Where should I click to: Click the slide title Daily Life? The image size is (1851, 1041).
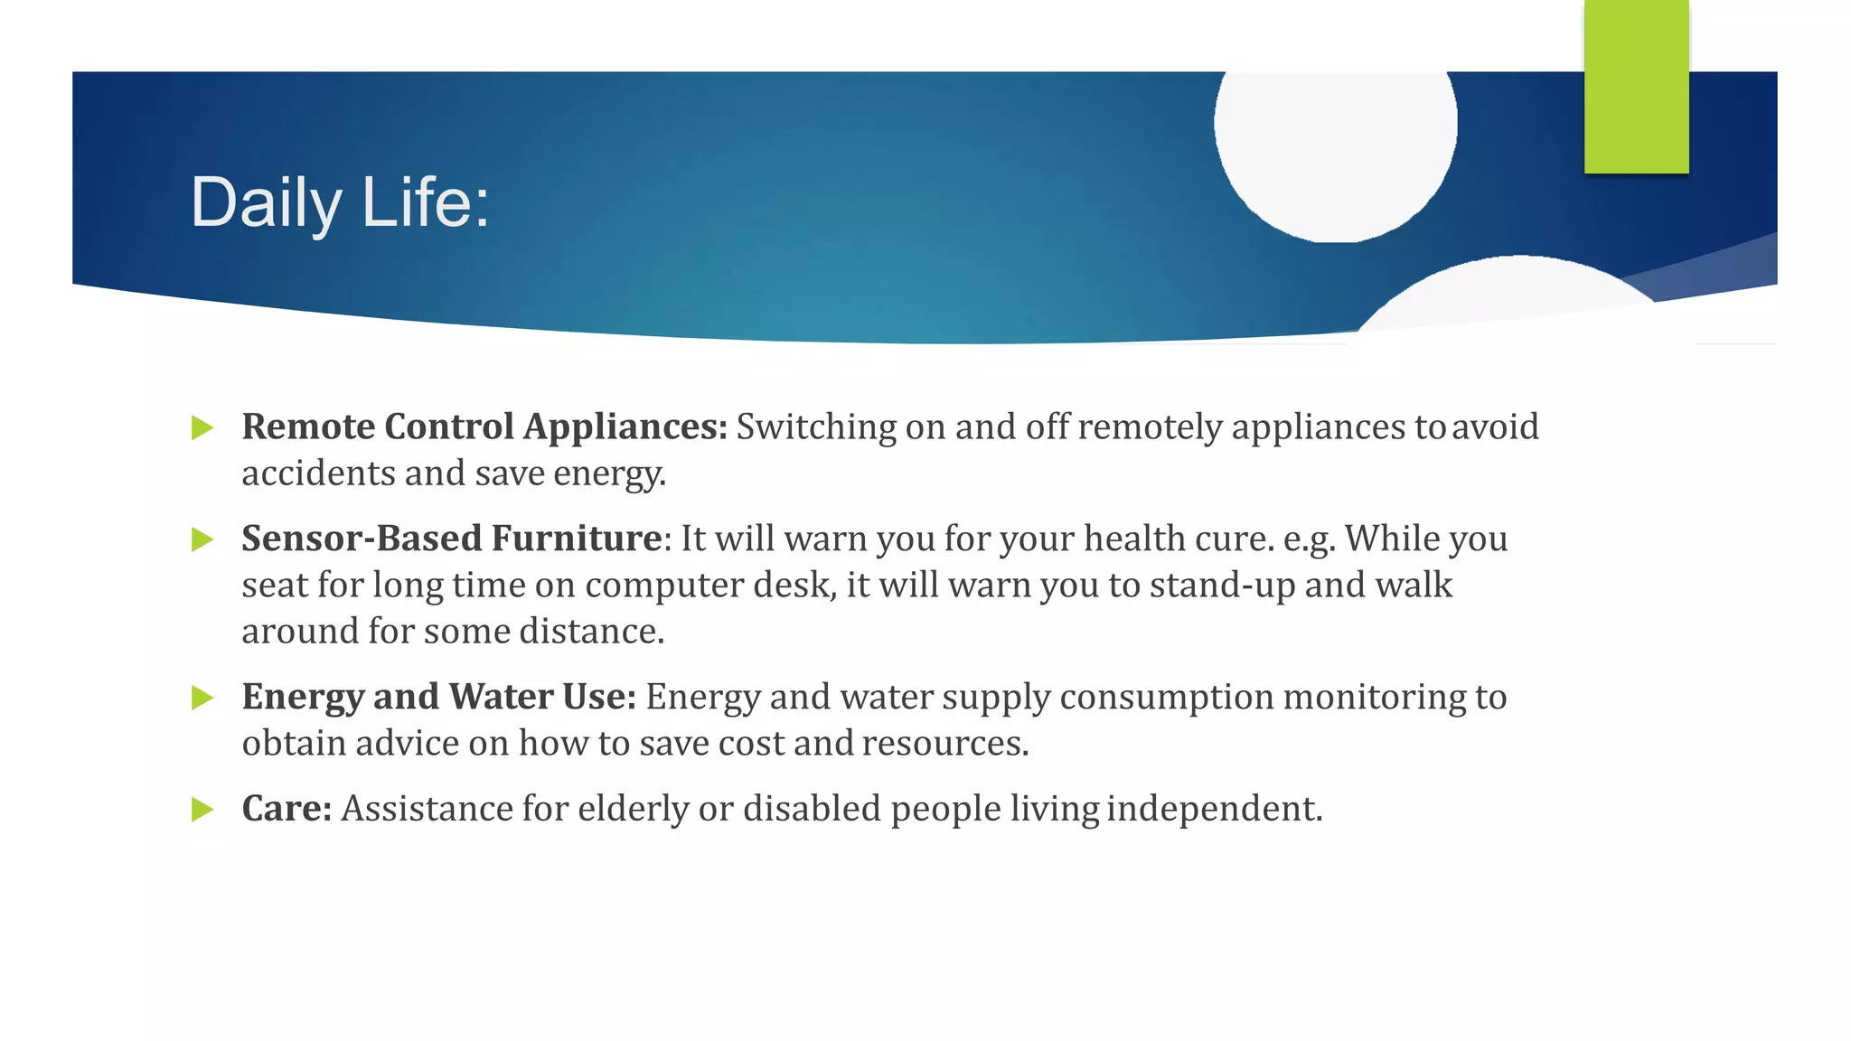(340, 202)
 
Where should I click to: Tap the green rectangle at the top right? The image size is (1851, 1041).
(1636, 86)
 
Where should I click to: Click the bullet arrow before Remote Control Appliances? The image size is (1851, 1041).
(202, 427)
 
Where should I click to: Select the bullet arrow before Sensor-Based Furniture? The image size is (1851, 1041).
(202, 539)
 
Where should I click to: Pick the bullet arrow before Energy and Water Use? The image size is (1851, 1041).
(202, 698)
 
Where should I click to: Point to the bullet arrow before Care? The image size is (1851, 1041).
(202, 809)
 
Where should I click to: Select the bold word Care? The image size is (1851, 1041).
(287, 809)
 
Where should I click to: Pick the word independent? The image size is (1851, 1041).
(1214, 809)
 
